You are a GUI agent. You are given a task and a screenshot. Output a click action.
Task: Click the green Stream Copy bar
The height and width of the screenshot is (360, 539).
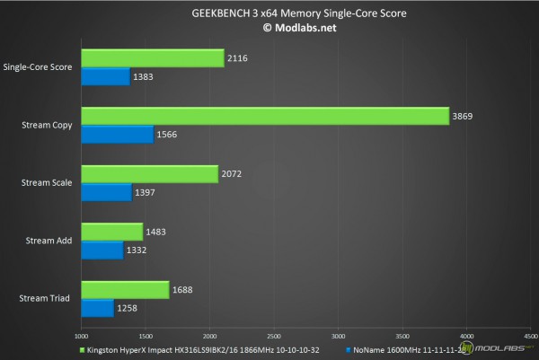(x=265, y=117)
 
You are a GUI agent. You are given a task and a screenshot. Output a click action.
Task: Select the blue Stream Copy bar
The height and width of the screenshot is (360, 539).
(x=118, y=135)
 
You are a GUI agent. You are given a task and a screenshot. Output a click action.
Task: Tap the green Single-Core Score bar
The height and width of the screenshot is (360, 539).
(x=153, y=58)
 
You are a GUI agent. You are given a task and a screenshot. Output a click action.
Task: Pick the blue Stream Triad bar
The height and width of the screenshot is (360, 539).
(x=98, y=308)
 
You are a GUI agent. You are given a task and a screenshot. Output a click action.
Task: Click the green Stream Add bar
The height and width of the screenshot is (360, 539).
(x=112, y=233)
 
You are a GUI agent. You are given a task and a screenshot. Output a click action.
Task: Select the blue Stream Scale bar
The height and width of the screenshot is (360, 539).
(x=107, y=192)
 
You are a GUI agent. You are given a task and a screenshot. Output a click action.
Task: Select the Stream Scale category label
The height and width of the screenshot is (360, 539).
(x=48, y=182)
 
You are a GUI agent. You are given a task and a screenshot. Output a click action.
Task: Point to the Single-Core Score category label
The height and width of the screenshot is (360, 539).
(x=40, y=66)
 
